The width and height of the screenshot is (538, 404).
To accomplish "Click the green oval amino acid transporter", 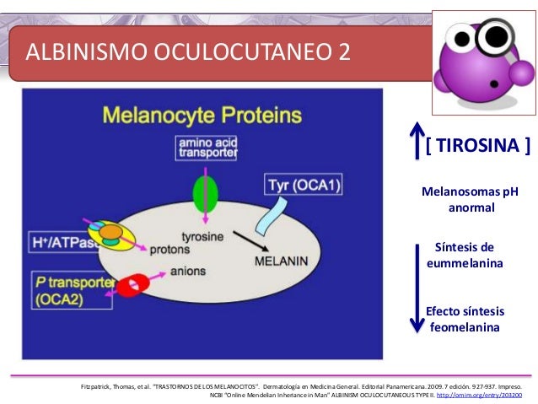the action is pyautogui.click(x=201, y=192).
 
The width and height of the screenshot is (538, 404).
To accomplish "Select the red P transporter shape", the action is pyautogui.click(x=132, y=287).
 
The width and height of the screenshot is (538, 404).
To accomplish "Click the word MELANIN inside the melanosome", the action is pyautogui.click(x=281, y=261).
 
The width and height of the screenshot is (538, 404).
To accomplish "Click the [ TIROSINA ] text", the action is pyautogui.click(x=477, y=148).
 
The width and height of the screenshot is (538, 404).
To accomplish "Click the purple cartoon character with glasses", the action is pyautogui.click(x=477, y=62).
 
